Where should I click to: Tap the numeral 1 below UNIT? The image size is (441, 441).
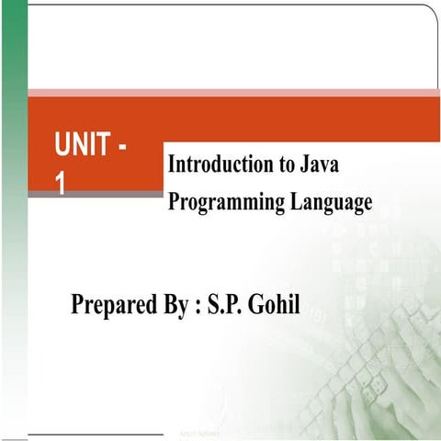[61, 185]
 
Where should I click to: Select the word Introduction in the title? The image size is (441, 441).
[221, 164]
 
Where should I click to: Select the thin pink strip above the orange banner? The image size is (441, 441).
[230, 93]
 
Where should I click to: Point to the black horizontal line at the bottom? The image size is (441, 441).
[92, 433]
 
